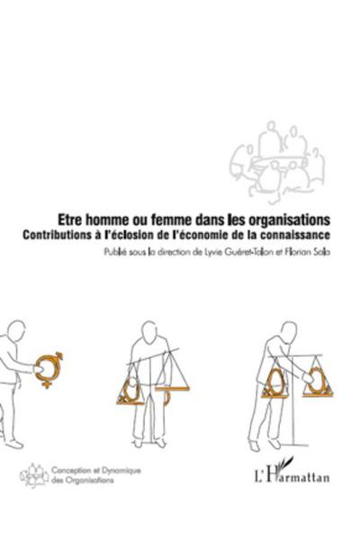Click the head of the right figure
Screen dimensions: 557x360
[x=272, y=325]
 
